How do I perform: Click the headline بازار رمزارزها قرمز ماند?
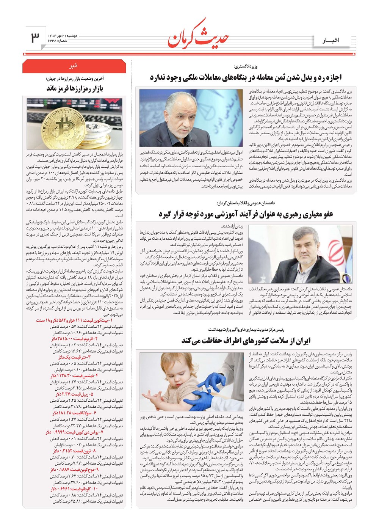pos(75,88)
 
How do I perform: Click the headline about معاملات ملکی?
pos(246,78)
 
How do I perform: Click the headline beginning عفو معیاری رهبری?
pos(246,214)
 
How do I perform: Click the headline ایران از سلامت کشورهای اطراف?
pos(246,340)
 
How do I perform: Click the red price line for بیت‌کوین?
pos(80,320)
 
